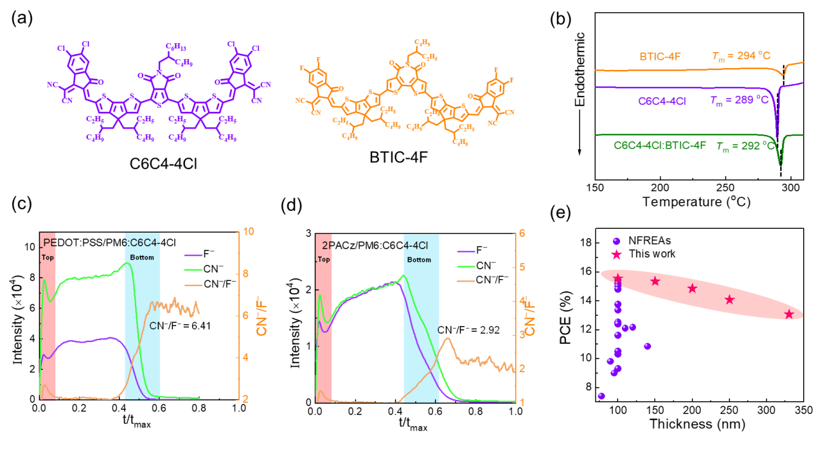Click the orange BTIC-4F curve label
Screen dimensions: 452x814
tap(660, 57)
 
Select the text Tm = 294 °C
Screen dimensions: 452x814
tap(741, 57)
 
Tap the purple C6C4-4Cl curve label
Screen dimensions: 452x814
tap(662, 101)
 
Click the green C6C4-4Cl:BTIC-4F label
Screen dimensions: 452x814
tap(660, 146)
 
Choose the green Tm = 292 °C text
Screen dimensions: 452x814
tap(745, 146)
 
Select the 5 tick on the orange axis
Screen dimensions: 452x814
tap(522, 267)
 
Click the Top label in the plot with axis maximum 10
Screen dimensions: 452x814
tap(48, 258)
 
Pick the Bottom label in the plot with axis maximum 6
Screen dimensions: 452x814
tap(419, 260)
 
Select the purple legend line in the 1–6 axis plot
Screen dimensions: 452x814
tap(466, 252)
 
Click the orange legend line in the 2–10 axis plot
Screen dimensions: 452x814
tap(193, 285)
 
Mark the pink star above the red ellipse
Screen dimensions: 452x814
tap(616, 255)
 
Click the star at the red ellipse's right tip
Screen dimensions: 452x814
tap(789, 314)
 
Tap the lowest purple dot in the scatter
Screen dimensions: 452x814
tap(602, 396)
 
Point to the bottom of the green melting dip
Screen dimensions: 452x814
tap(781, 164)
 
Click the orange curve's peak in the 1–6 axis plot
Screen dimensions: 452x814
tap(448, 338)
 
